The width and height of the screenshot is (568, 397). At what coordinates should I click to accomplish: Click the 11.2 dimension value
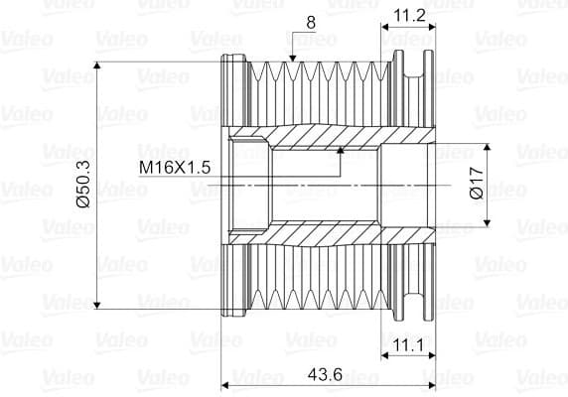[x=409, y=16]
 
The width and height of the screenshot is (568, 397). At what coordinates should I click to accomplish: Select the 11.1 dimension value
[x=407, y=345]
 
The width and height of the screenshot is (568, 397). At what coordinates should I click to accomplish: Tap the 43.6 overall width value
[x=325, y=374]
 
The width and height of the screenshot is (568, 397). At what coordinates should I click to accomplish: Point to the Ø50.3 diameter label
[x=83, y=185]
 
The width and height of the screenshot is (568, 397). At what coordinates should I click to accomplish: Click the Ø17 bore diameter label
[x=477, y=184]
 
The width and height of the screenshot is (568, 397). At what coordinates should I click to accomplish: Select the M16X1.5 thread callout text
[x=175, y=168]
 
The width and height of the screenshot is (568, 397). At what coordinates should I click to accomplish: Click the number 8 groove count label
[x=311, y=23]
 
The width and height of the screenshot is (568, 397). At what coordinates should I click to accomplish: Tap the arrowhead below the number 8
[x=293, y=59]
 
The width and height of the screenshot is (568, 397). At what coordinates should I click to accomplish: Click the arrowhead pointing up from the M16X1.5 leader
[x=341, y=150]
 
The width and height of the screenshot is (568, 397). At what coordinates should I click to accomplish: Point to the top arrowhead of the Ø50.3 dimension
[x=96, y=66]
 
